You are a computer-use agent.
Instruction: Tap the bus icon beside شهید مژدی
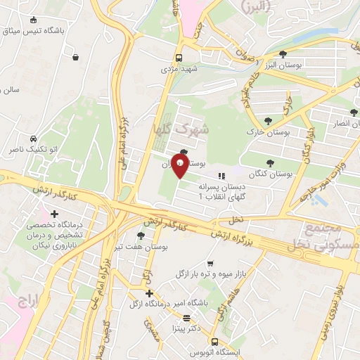tap(181, 58)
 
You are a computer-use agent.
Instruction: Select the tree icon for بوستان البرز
tap(283, 53)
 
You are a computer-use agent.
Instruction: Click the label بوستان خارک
tap(268, 132)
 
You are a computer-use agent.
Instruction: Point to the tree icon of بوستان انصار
tap(354, 112)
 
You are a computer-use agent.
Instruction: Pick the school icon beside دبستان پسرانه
tap(221, 176)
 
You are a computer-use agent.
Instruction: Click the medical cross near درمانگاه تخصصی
tap(55, 214)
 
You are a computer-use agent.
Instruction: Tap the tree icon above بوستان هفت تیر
tap(141, 235)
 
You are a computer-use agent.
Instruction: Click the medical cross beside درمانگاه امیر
tap(148, 293)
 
